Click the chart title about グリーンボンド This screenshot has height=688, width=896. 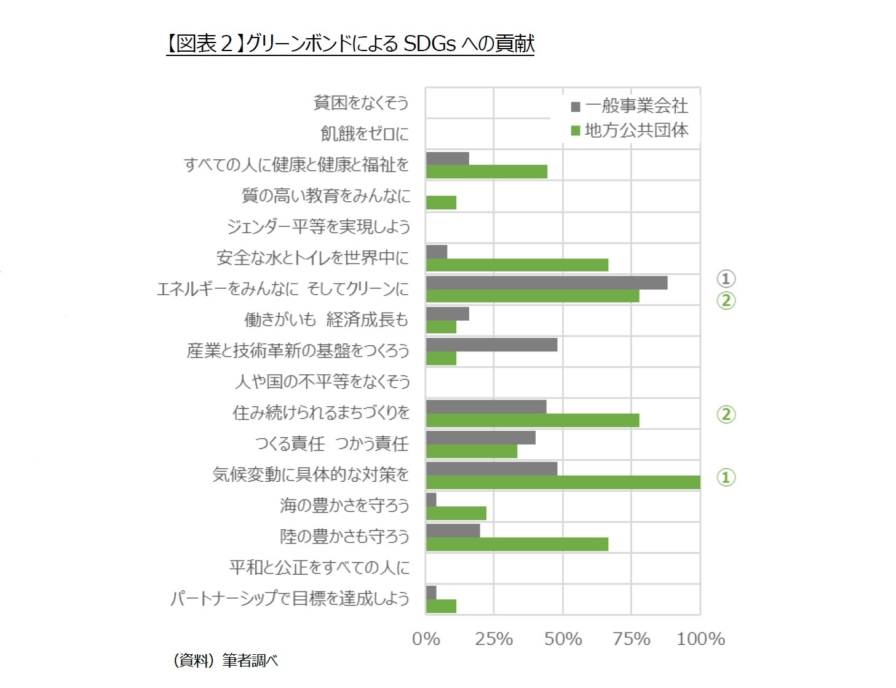click(350, 44)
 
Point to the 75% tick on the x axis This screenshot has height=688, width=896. click(631, 639)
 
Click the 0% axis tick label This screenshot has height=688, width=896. click(426, 639)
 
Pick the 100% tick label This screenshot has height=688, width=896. click(700, 639)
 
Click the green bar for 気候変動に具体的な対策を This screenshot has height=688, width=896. click(563, 482)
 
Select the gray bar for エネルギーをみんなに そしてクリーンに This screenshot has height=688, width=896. click(546, 283)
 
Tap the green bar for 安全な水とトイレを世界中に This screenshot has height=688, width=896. click(517, 265)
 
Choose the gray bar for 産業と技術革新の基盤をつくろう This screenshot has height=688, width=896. click(491, 345)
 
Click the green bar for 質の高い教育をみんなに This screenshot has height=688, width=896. click(441, 202)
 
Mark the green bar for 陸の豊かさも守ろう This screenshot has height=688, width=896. click(517, 545)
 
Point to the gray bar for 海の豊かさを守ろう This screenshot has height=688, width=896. click(431, 499)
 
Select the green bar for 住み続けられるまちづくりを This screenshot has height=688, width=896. click(532, 420)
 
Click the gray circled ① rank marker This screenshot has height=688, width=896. click(726, 279)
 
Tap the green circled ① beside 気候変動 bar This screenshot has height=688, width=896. click(726, 477)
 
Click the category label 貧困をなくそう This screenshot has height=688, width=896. click(361, 103)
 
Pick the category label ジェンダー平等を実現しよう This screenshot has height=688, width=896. click(319, 226)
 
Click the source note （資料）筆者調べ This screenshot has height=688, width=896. click(226, 660)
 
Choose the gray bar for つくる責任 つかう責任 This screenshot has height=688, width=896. click(480, 438)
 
